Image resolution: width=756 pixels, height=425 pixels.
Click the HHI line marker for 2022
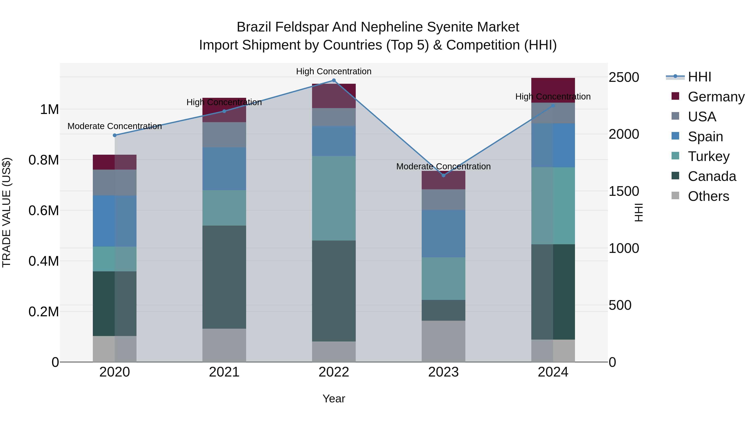(334, 80)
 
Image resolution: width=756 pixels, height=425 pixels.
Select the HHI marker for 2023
(444, 175)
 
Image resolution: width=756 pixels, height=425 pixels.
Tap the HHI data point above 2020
(115, 135)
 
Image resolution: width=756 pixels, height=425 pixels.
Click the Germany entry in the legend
(716, 97)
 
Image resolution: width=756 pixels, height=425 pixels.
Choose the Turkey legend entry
(709, 156)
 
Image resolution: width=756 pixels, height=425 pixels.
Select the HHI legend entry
(699, 77)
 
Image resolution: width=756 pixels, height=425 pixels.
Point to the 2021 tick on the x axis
(224, 372)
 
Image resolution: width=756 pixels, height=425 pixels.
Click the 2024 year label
(553, 372)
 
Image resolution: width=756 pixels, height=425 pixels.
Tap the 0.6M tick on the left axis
(44, 211)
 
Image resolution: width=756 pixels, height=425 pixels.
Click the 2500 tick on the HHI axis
(624, 77)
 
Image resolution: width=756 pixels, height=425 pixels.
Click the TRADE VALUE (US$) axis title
(7, 212)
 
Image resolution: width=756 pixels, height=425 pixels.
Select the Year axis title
(334, 399)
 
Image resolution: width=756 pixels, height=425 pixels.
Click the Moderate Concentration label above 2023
(444, 166)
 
